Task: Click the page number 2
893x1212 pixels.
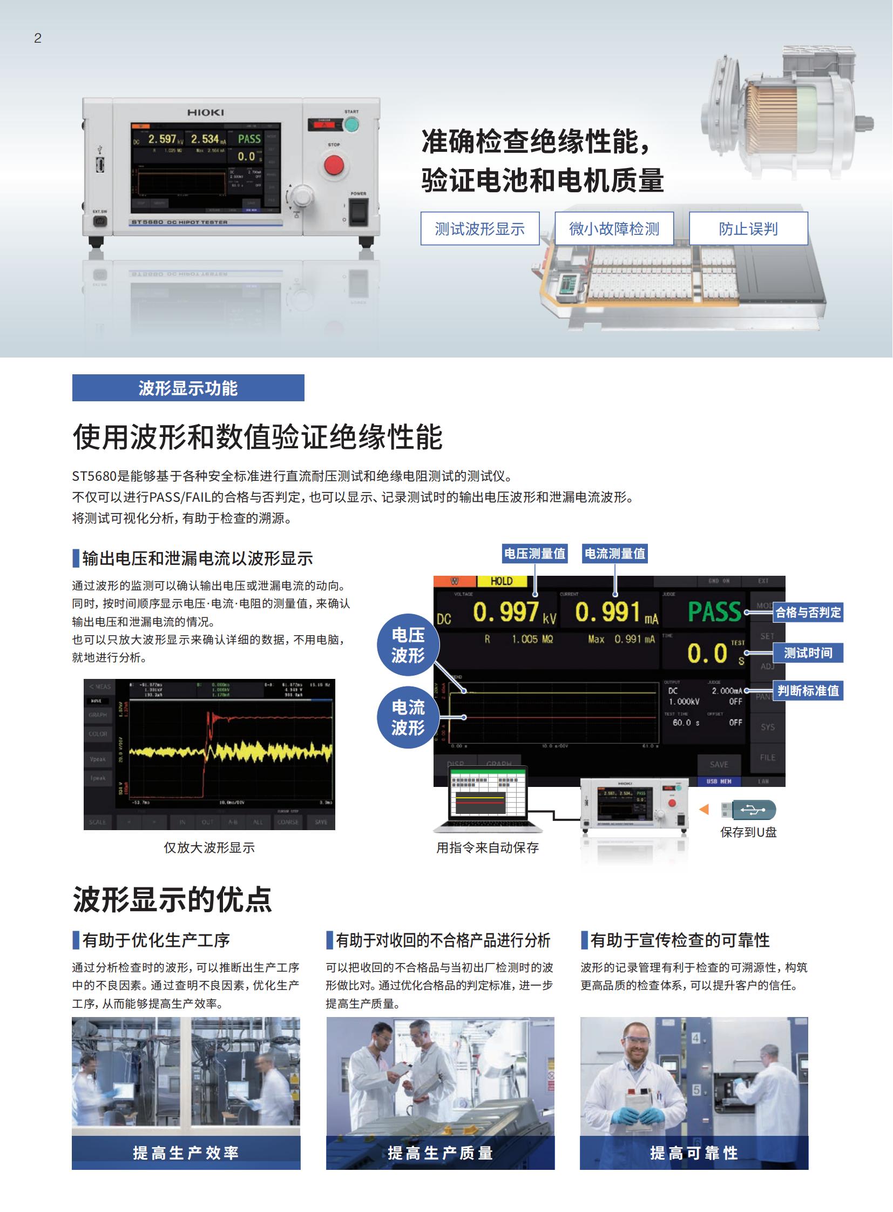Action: pyautogui.click(x=38, y=38)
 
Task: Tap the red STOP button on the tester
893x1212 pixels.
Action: pyautogui.click(x=334, y=165)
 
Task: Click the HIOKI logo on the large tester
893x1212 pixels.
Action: pyautogui.click(x=205, y=112)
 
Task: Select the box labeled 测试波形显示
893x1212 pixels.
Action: pyautogui.click(x=480, y=229)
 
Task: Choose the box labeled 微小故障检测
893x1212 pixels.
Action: pyautogui.click(x=614, y=229)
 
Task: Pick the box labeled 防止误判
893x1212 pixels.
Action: pyautogui.click(x=748, y=229)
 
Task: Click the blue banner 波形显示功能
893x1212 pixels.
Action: pyautogui.click(x=188, y=388)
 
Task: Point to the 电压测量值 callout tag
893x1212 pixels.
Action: pyautogui.click(x=535, y=553)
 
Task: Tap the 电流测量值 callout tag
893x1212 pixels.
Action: pyautogui.click(x=614, y=553)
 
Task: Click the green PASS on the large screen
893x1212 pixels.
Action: pyautogui.click(x=714, y=612)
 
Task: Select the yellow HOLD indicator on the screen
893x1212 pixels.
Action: pyautogui.click(x=501, y=581)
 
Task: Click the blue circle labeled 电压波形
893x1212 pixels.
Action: pyautogui.click(x=408, y=645)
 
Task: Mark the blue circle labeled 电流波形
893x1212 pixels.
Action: pyautogui.click(x=408, y=717)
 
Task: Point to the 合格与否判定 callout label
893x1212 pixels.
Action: pyautogui.click(x=808, y=612)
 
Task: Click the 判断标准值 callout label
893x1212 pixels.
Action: pyautogui.click(x=808, y=691)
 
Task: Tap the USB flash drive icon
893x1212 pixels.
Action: pyautogui.click(x=749, y=810)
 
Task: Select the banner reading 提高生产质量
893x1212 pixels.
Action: pyautogui.click(x=440, y=1153)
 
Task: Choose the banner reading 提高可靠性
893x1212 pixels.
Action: pyautogui.click(x=694, y=1153)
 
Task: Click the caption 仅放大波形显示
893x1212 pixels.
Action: pyautogui.click(x=209, y=847)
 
